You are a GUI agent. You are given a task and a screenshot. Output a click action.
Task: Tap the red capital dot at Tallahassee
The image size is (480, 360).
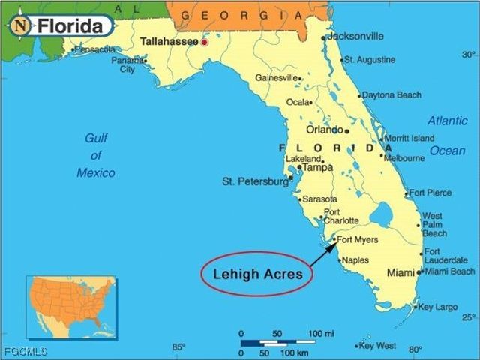pyautogui.click(x=204, y=43)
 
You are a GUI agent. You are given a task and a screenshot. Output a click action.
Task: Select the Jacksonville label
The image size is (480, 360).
pyautogui.click(x=356, y=36)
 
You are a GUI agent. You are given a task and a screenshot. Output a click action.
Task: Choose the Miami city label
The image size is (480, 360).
pyautogui.click(x=400, y=273)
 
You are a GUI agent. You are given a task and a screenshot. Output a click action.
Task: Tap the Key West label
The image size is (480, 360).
pyautogui.click(x=377, y=346)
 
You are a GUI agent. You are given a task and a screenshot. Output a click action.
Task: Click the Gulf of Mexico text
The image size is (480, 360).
pyautogui.click(x=96, y=155)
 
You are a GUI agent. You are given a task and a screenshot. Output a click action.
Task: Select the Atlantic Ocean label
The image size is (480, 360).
pyautogui.click(x=447, y=136)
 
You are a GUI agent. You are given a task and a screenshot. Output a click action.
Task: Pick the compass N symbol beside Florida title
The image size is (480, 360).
pyautogui.click(x=21, y=25)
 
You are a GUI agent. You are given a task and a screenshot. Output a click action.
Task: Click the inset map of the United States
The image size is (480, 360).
pyautogui.click(x=72, y=305)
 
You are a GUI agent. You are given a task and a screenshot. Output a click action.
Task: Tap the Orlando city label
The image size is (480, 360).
pyautogui.click(x=324, y=129)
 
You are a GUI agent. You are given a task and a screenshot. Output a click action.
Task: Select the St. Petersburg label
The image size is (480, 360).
pyautogui.click(x=255, y=181)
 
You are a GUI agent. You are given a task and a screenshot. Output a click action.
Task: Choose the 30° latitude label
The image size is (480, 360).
pyautogui.click(x=468, y=55)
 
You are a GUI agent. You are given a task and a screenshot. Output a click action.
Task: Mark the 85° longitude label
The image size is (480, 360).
pyautogui.click(x=178, y=346)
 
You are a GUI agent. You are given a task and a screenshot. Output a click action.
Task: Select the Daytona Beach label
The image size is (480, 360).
pyautogui.click(x=391, y=95)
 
